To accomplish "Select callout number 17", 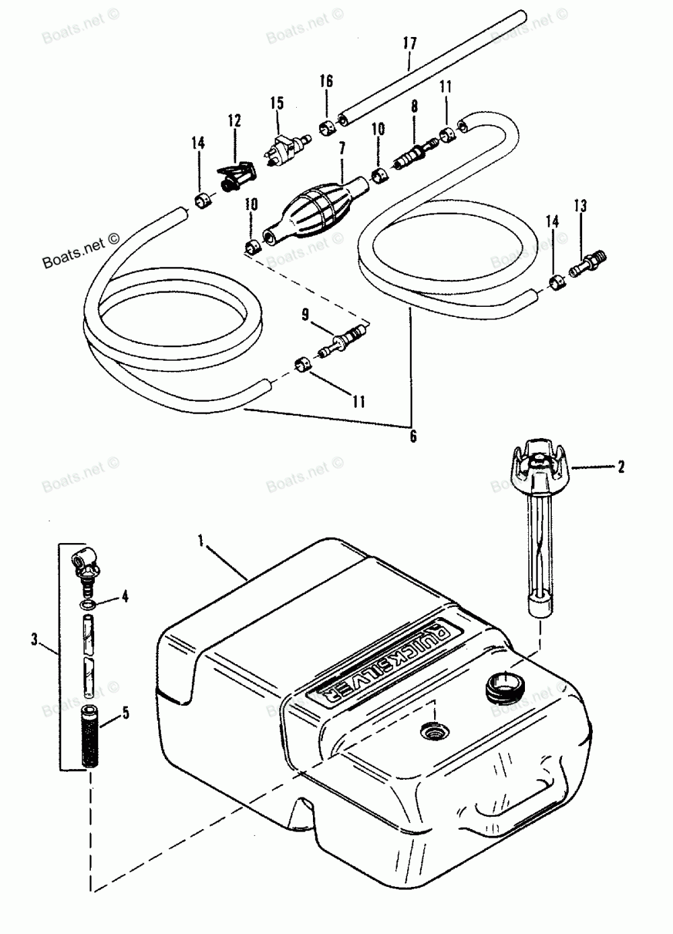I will [410, 44].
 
